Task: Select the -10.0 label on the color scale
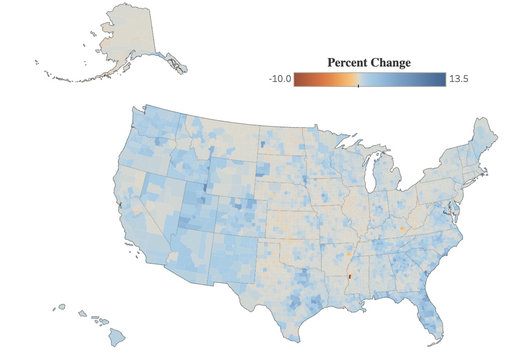[280, 79]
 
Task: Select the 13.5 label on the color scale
[459, 79]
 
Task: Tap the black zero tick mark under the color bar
[358, 86]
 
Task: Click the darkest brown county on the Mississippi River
[350, 277]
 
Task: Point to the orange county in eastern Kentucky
[402, 229]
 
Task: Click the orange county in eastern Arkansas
[349, 254]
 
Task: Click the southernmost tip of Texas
[297, 341]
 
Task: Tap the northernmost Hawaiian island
[62, 307]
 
